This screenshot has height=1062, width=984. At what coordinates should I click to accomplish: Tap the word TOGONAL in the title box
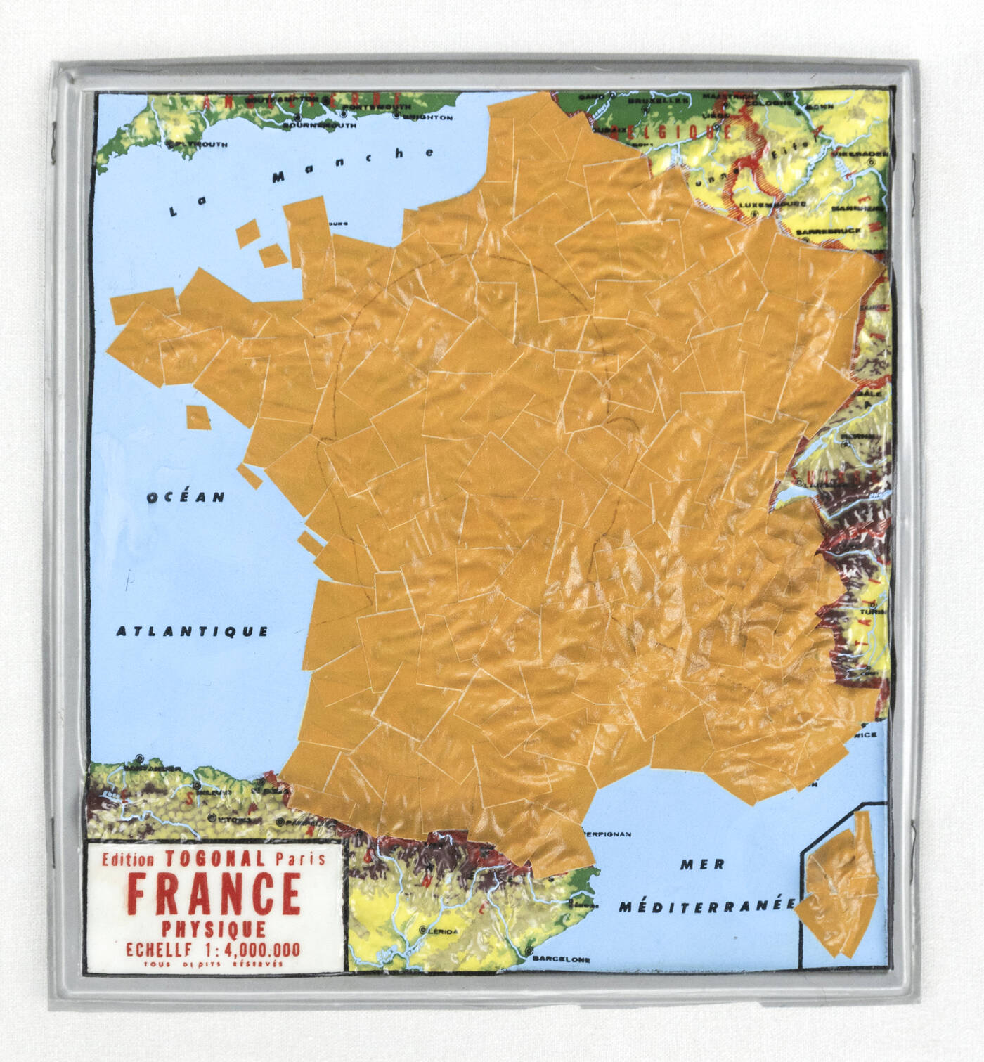coord(214,858)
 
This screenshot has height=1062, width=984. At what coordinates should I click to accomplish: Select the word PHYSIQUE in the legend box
coord(214,928)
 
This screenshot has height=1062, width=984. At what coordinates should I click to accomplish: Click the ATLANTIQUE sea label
coord(192,631)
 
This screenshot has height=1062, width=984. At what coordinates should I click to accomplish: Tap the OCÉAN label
coord(186,497)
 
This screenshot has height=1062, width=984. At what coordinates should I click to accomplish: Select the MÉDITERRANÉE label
coord(707,906)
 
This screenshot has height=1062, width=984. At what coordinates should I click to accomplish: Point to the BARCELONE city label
coord(561,959)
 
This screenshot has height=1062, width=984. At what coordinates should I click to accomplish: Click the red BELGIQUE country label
coord(671,131)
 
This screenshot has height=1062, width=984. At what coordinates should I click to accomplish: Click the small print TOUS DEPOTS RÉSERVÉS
coord(212,964)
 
